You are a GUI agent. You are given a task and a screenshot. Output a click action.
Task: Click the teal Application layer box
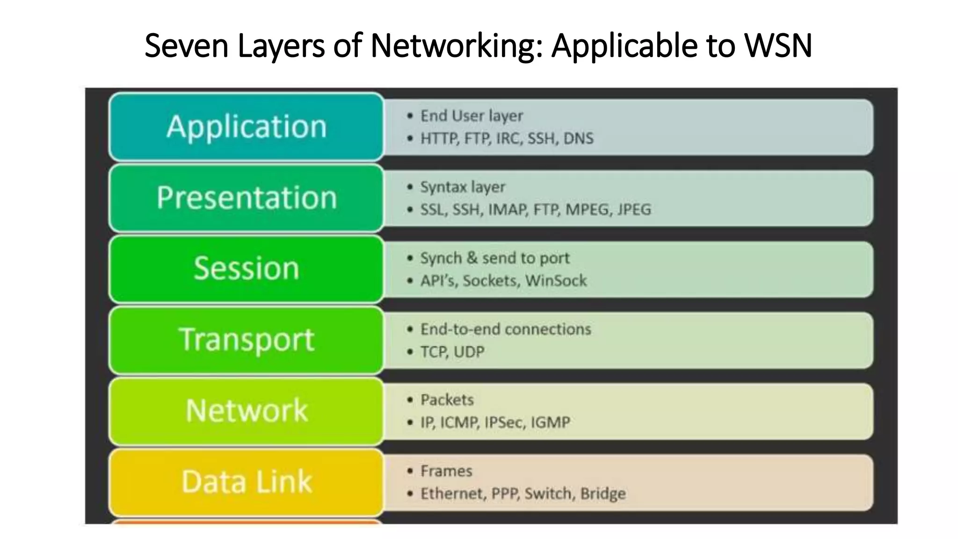tap(247, 127)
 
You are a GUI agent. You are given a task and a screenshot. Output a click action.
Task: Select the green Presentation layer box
tap(247, 198)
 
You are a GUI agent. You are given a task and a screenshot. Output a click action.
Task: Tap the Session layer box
tap(247, 269)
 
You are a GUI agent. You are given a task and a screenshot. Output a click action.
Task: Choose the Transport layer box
tap(247, 340)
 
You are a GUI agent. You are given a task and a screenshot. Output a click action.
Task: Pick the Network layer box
tap(247, 411)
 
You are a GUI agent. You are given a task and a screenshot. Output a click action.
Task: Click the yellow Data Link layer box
tap(247, 482)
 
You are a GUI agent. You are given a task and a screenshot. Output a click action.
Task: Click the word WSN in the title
tap(778, 46)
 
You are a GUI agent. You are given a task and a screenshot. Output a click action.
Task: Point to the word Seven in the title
tap(186, 46)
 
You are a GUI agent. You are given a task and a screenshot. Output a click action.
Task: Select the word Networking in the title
tap(457, 46)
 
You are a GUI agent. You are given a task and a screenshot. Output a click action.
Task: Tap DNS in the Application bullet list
tap(578, 138)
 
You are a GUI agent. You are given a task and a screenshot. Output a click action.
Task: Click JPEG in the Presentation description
tap(634, 210)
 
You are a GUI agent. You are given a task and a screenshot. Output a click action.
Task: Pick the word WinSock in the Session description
tap(556, 281)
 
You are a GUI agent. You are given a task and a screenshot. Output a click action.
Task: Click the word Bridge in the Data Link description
tap(603, 494)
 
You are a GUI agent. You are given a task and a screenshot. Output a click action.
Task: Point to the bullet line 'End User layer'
tap(472, 116)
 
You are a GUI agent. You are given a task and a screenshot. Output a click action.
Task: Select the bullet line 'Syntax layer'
tap(463, 187)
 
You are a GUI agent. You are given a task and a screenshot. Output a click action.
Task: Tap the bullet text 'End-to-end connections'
tap(506, 329)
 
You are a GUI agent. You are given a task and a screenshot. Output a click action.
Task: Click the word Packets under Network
tap(447, 400)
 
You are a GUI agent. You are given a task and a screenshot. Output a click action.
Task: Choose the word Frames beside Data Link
tap(446, 471)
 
